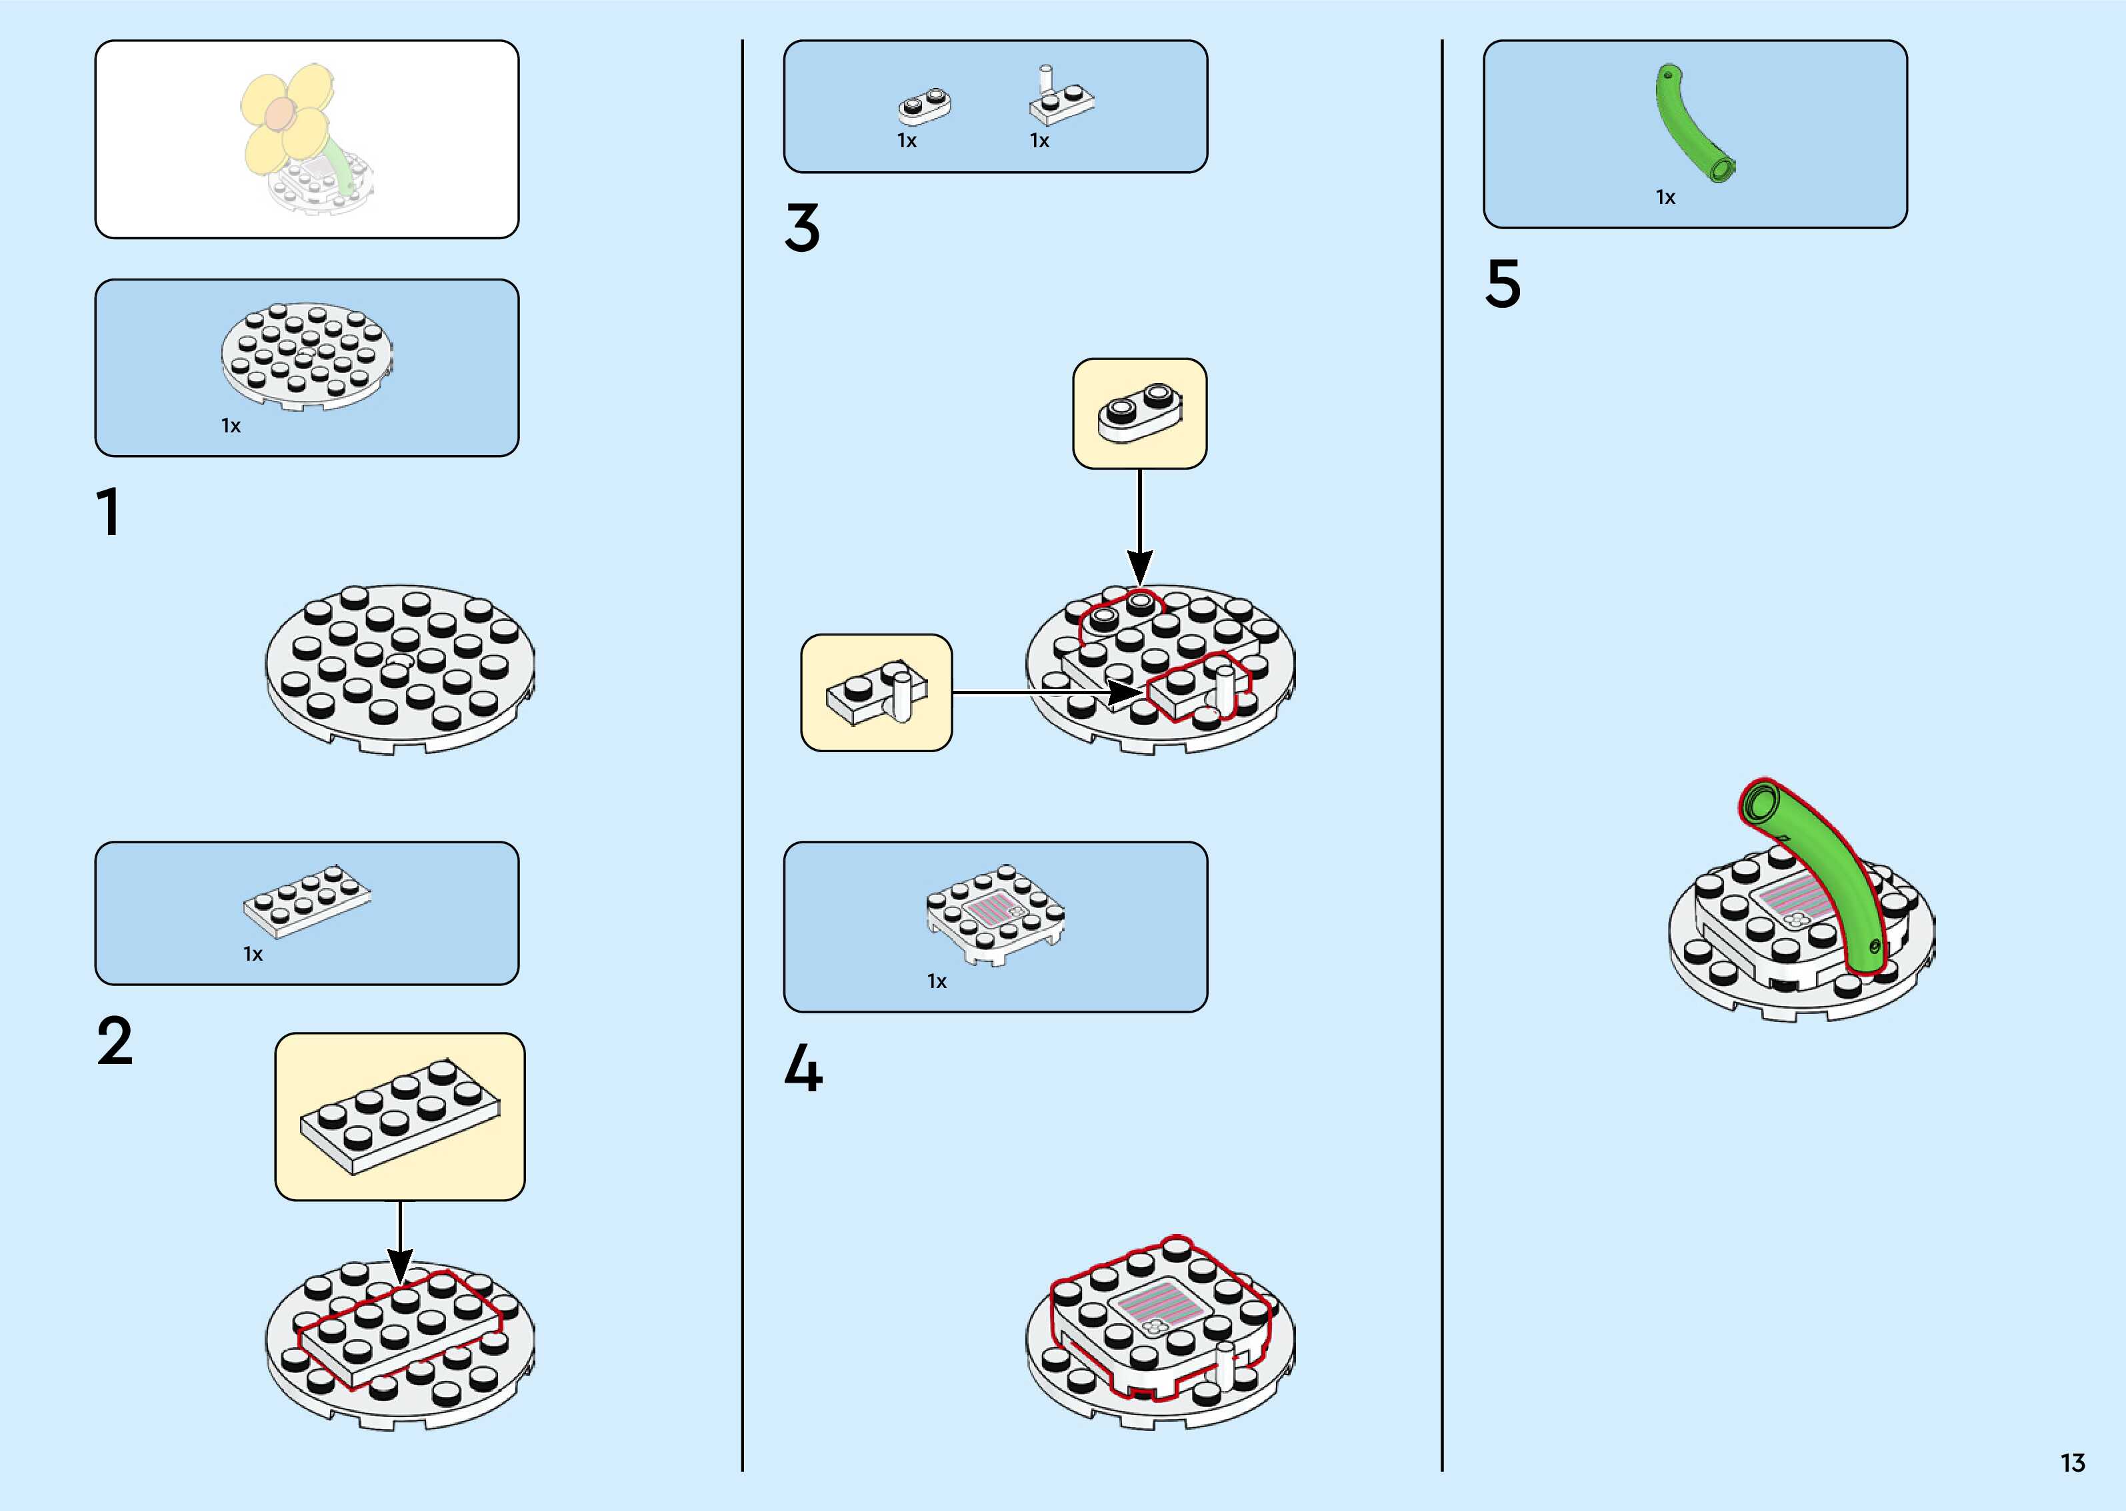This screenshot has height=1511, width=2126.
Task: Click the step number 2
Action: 115,1041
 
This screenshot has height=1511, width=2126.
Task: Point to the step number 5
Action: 1503,284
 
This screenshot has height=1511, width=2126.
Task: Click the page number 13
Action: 2072,1462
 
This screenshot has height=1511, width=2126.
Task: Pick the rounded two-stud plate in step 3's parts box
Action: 924,106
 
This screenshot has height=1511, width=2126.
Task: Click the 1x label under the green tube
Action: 1665,197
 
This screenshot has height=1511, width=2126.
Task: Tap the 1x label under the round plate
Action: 231,426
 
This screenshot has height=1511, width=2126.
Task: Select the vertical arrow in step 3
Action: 1140,526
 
